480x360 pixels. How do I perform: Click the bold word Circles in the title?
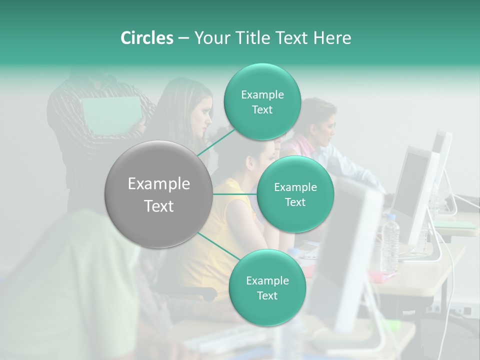(x=146, y=38)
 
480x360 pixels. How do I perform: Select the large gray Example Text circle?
(x=159, y=194)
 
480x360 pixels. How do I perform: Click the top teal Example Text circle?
(x=262, y=102)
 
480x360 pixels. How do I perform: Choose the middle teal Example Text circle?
(x=295, y=194)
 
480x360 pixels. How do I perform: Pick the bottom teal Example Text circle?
(x=267, y=287)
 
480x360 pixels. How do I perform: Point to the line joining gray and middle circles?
(x=235, y=194)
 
